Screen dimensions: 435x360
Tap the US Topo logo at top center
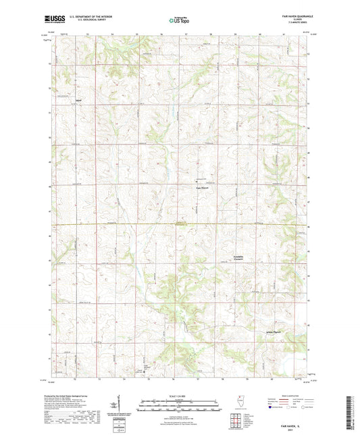point(179,21)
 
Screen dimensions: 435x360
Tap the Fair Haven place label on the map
point(203,188)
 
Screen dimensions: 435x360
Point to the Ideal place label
point(79,100)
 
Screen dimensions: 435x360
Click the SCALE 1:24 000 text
point(180,395)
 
